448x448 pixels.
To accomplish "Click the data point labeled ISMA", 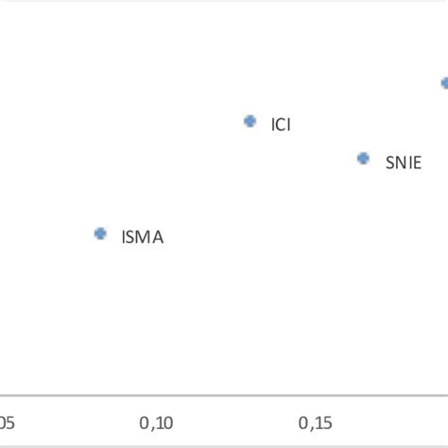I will (100, 233).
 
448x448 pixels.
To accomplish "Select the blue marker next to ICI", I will (250, 121).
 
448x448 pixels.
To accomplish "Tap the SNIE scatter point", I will (363, 158).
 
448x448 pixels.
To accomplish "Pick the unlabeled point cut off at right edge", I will (444, 83).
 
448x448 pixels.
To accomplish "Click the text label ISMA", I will (142, 237).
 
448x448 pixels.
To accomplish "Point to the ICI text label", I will (281, 125).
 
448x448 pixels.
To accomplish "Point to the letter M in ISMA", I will (144, 237).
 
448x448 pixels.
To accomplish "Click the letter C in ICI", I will (281, 125).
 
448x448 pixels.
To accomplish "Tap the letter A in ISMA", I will (157, 237).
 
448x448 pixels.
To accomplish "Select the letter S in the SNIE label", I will (390, 162).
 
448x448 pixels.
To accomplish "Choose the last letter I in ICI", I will (288, 125).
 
